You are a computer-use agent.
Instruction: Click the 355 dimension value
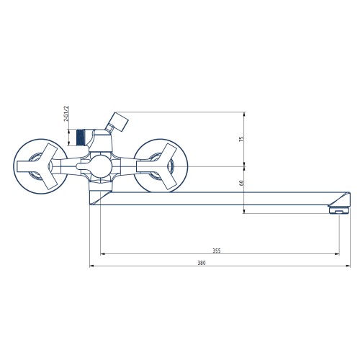coord(217,251)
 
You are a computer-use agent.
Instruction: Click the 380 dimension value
coord(202,263)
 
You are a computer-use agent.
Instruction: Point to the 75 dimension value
coord(241,139)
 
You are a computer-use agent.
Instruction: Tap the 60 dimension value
coord(241,183)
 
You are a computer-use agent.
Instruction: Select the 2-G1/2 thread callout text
coord(66,114)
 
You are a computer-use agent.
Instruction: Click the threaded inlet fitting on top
coord(81,138)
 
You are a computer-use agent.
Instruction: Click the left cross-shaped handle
coord(38,166)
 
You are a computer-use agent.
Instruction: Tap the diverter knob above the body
coord(117,122)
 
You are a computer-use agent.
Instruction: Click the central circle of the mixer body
coord(102,166)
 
